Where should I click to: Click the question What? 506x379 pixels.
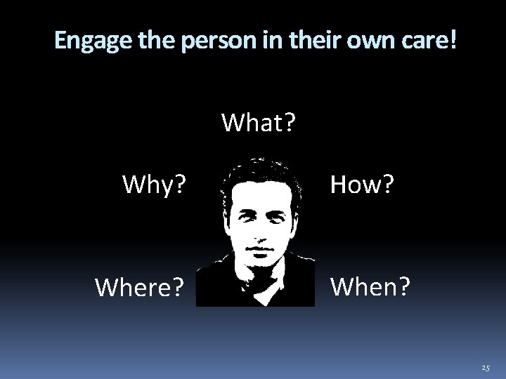coord(259,124)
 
